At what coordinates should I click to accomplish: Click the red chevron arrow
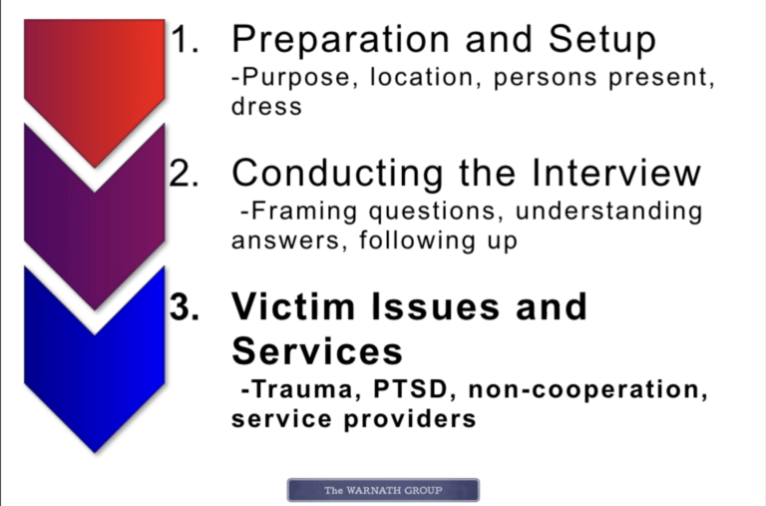pos(95,83)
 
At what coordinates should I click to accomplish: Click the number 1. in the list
pos(185,39)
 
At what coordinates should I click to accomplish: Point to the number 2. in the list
pos(185,173)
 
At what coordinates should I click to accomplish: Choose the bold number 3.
pos(185,307)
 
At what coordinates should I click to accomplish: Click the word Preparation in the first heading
pos(340,40)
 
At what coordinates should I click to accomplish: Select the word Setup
pos(602,40)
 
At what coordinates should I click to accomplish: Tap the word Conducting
pos(337,174)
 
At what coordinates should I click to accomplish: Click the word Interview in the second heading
pos(616,173)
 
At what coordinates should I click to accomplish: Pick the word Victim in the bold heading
pos(293,306)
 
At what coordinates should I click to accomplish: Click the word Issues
pos(436,306)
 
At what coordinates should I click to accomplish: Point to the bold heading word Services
pos(317,351)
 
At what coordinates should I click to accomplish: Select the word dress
pos(266,106)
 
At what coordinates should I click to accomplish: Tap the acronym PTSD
pos(410,389)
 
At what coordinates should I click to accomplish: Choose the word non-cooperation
pos(587,390)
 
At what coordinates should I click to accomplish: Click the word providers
pos(410,420)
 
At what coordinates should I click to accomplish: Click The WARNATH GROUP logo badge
pos(383,490)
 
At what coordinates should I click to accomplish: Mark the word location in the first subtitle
pos(422,77)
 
